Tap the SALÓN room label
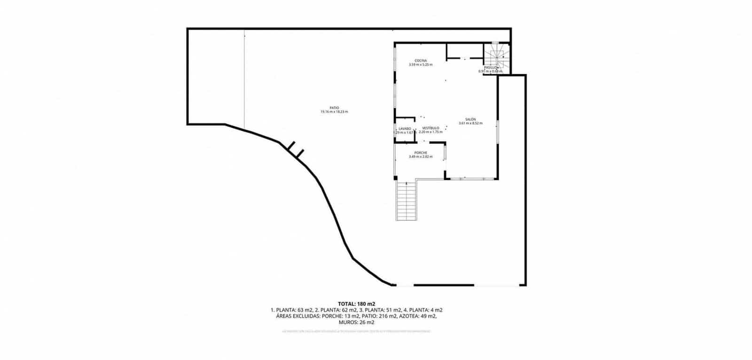[x=471, y=119]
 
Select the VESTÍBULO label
[x=431, y=128]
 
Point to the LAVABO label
[x=405, y=128]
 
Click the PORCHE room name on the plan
[x=421, y=152]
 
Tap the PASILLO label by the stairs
[x=491, y=68]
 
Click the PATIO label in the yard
[x=334, y=108]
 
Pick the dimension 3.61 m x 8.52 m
[x=471, y=124]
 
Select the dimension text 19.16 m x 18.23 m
[x=334, y=112]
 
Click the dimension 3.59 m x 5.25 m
[x=421, y=65]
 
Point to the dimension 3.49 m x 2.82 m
[x=421, y=157]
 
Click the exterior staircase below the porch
[x=407, y=201]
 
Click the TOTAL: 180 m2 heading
[x=356, y=304]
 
